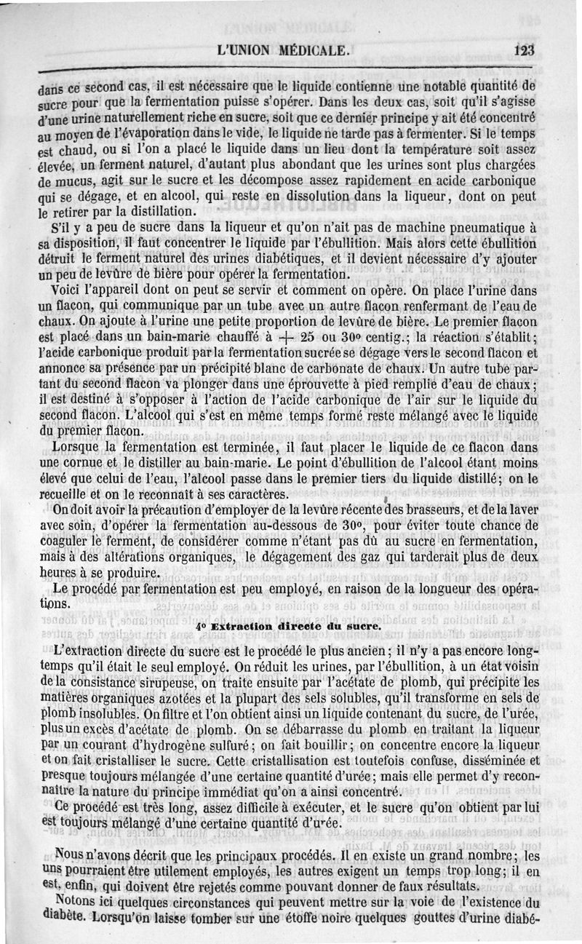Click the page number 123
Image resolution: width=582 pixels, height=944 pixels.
coord(523,51)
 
